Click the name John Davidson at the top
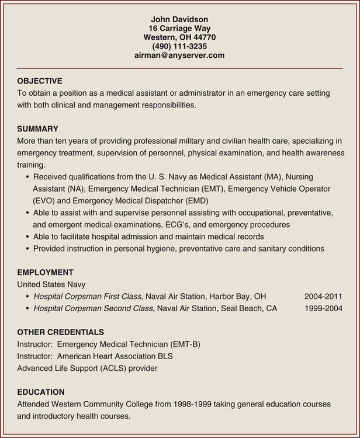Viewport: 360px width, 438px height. (179, 19)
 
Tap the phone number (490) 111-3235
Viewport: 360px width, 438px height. (179, 46)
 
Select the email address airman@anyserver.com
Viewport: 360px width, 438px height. (179, 55)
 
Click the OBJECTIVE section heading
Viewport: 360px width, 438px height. (40, 81)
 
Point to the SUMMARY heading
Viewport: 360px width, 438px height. (37, 128)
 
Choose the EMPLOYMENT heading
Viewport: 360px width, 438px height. (45, 272)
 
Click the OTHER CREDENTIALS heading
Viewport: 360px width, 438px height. (61, 332)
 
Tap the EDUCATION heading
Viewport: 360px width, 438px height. (41, 392)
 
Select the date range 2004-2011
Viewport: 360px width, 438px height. (323, 296)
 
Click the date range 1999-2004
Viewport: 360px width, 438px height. (323, 308)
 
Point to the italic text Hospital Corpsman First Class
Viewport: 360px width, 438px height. (88, 296)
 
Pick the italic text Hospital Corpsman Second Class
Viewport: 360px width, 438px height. (94, 308)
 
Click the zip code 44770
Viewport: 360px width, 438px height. (204, 37)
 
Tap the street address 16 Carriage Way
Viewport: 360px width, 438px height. (179, 28)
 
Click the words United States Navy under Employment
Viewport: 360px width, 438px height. (51, 284)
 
